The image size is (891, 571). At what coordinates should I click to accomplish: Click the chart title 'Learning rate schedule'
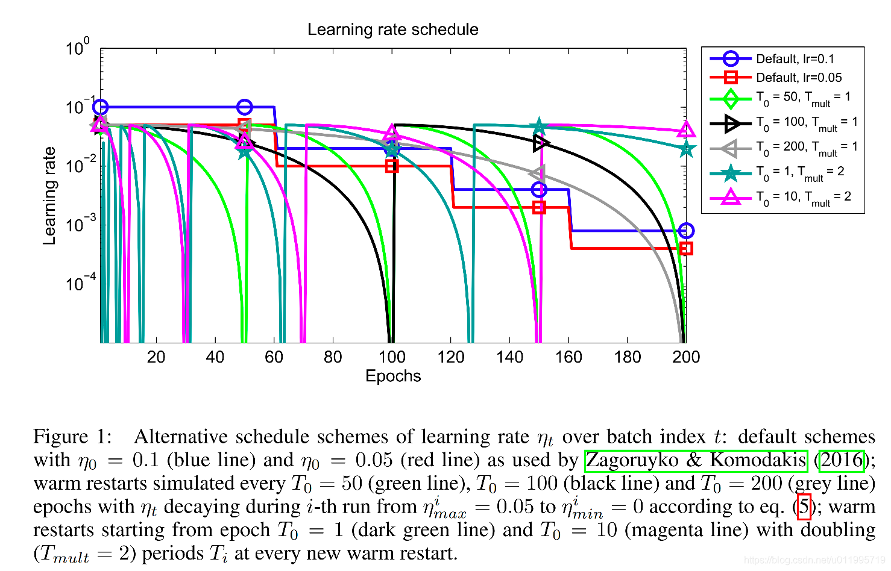392,30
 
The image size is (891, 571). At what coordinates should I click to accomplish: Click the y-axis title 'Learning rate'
49,196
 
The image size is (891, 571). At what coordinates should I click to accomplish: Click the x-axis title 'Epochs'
392,376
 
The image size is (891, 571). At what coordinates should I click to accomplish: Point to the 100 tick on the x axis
392,357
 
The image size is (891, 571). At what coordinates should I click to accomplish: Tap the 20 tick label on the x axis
156,357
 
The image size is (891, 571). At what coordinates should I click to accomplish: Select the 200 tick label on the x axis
686,357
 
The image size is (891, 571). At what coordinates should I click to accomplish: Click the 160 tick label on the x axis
568,357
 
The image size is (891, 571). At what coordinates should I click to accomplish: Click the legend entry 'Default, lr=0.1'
795,59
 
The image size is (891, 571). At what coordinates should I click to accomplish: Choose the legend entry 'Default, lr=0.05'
798,78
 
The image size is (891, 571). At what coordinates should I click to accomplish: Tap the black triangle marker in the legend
730,123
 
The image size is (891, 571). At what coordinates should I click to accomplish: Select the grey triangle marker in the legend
730,148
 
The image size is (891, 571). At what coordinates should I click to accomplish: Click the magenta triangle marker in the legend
730,197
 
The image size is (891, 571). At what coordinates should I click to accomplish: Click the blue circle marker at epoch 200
686,231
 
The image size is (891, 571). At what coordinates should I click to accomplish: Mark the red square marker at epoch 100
392,166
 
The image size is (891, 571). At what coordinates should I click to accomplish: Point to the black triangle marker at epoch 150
541,143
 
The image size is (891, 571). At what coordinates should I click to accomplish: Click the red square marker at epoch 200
686,249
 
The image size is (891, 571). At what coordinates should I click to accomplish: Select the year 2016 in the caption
842,460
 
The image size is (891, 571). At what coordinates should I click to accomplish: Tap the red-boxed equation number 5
804,507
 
